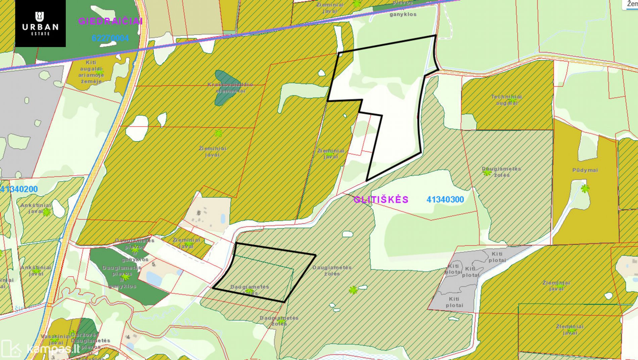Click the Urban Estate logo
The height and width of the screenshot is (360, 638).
pyautogui.click(x=40, y=24)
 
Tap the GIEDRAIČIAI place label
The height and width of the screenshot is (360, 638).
pyautogui.click(x=110, y=21)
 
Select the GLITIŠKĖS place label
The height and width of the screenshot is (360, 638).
pyautogui.click(x=381, y=199)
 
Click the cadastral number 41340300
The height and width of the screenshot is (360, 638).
pyautogui.click(x=445, y=199)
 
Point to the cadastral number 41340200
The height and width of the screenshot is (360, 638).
pyautogui.click(x=19, y=189)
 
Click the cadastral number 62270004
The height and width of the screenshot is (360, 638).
pyautogui.click(x=110, y=38)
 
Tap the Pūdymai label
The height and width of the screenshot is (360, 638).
pyautogui.click(x=585, y=170)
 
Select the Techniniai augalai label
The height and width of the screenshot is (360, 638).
pyautogui.click(x=507, y=100)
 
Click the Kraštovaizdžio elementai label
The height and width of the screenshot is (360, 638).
pyautogui.click(x=230, y=88)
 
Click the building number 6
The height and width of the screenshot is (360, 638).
pyautogui.click(x=199, y=213)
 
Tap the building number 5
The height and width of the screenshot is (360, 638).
pyautogui.click(x=153, y=264)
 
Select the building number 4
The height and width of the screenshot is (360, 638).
pyautogui.click(x=128, y=337)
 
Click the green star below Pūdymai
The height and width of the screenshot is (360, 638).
pyautogui.click(x=585, y=188)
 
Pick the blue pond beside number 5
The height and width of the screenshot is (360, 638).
pyautogui.click(x=154, y=278)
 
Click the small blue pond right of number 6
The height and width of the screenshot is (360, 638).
pyautogui.click(x=222, y=219)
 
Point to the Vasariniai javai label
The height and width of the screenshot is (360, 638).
pyautogui.click(x=55, y=339)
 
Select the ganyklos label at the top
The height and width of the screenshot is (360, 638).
pyautogui.click(x=403, y=14)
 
